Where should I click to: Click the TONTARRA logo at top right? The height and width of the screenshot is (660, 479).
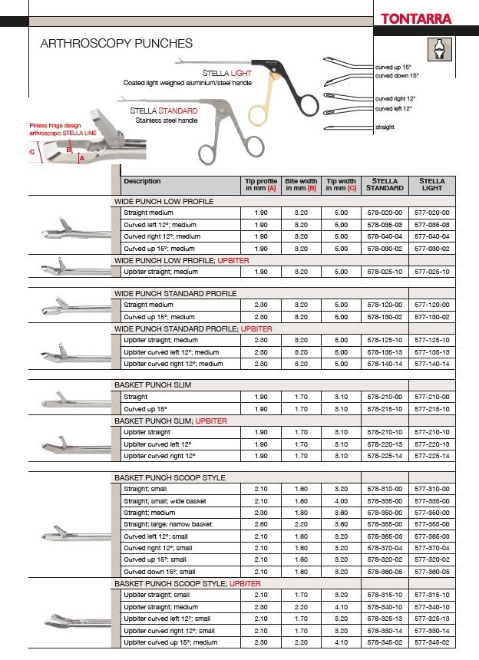click(427, 19)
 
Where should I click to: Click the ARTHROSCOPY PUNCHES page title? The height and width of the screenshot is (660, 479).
click(116, 45)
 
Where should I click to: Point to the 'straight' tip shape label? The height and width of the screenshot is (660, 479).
click(386, 127)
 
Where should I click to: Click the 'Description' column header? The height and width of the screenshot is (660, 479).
click(142, 182)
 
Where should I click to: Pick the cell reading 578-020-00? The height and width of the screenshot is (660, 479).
click(385, 213)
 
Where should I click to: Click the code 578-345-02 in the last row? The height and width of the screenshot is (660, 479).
click(385, 642)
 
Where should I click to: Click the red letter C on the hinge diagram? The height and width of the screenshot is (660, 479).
click(32, 152)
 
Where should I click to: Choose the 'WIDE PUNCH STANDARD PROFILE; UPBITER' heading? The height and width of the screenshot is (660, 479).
click(193, 328)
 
